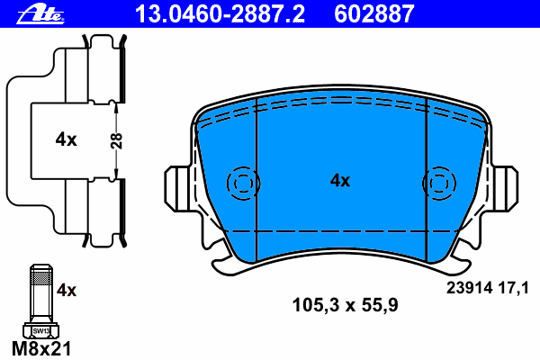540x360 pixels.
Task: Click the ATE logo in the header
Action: pos(40,15)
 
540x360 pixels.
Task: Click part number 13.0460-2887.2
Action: pos(220,14)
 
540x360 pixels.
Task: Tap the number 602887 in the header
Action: pos(374,14)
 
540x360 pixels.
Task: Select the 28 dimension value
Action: pos(117,141)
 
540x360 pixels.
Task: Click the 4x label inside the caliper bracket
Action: pos(66,139)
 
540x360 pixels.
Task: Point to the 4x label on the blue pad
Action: pos(340,181)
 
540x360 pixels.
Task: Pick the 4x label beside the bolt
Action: pos(67,291)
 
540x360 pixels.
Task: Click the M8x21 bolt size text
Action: pos(41,348)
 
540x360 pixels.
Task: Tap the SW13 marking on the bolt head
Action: pos(41,331)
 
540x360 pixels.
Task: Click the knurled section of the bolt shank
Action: pos(41,276)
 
